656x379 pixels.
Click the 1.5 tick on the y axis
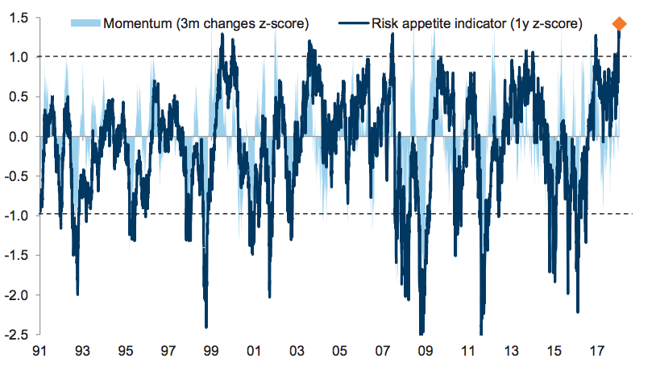point(19,18)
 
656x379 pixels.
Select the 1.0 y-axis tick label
point(19,57)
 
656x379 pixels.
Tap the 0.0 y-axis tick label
point(19,137)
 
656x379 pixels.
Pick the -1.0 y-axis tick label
point(16,216)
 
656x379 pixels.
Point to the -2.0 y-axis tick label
point(16,295)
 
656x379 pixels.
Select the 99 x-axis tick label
point(211,352)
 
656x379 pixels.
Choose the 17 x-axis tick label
point(597,352)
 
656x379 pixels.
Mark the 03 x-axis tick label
point(297,352)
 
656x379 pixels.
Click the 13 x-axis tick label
point(511,352)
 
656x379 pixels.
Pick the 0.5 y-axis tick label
point(19,97)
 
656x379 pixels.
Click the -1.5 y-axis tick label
point(16,255)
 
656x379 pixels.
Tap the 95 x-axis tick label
point(125,352)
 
